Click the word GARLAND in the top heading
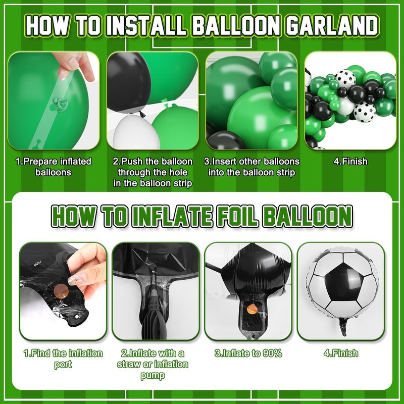[332, 26]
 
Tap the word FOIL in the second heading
[237, 216]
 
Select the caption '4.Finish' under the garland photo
[350, 161]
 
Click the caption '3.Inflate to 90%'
[248, 353]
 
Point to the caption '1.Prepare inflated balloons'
[54, 167]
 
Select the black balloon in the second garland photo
[128, 82]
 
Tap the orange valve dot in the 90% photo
[252, 309]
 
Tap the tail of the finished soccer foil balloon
[343, 326]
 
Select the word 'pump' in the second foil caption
[153, 376]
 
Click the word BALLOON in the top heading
[236, 26]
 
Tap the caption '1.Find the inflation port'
[63, 359]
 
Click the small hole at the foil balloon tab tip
[77, 317]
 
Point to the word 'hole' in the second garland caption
[178, 172]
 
